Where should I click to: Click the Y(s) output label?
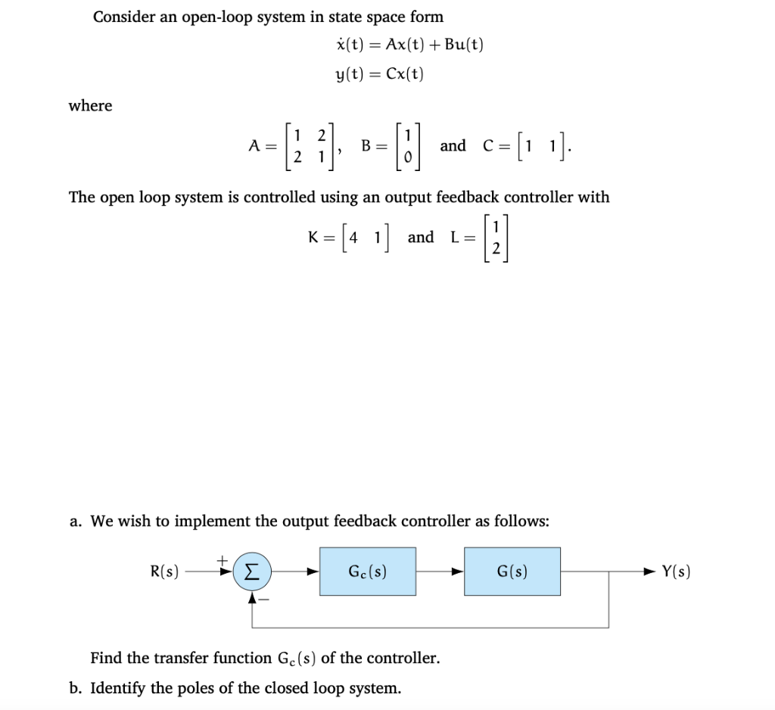coord(675,572)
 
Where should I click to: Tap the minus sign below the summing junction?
coord(265,598)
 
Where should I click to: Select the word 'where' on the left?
coord(90,106)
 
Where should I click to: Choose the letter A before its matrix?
coord(255,146)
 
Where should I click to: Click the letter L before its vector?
coord(456,238)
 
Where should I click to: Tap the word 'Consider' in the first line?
coord(123,17)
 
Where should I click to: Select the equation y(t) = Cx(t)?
coord(380,73)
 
